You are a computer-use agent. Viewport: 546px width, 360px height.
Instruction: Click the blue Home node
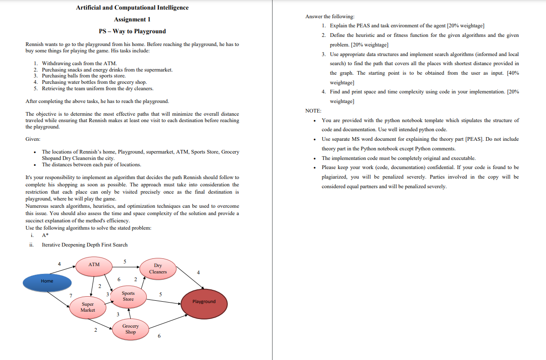(x=47, y=281)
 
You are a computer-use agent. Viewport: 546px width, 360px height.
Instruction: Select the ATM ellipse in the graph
(x=94, y=265)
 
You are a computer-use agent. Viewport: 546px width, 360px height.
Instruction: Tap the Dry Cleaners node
(x=158, y=268)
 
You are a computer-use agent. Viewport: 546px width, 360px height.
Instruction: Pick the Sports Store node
(x=128, y=296)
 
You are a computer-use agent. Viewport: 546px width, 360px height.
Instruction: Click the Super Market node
(x=88, y=307)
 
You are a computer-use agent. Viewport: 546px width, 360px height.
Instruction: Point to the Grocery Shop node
(x=130, y=329)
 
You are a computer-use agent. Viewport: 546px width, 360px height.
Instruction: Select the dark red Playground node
(x=204, y=302)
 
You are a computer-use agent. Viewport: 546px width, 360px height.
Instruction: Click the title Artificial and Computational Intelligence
(x=132, y=8)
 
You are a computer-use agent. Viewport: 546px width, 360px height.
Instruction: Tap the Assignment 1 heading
(x=132, y=20)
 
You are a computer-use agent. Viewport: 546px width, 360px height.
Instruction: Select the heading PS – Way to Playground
(x=132, y=31)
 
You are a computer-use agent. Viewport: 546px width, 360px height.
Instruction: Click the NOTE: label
(x=313, y=111)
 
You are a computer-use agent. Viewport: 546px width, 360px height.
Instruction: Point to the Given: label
(x=33, y=139)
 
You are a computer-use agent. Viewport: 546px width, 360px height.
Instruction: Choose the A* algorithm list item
(x=45, y=235)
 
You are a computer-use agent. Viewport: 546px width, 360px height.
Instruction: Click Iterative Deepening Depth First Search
(x=84, y=245)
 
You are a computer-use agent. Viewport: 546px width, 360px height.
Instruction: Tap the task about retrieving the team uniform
(x=98, y=88)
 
